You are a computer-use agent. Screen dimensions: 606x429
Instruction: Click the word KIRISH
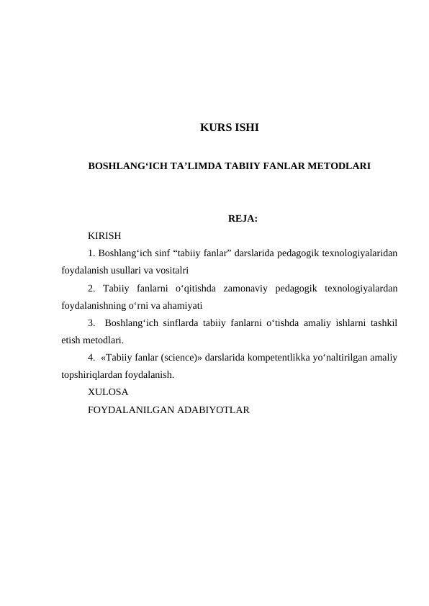click(104, 235)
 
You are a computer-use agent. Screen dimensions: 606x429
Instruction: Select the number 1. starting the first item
click(91, 253)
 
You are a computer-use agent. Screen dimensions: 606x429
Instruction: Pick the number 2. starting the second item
click(91, 288)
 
